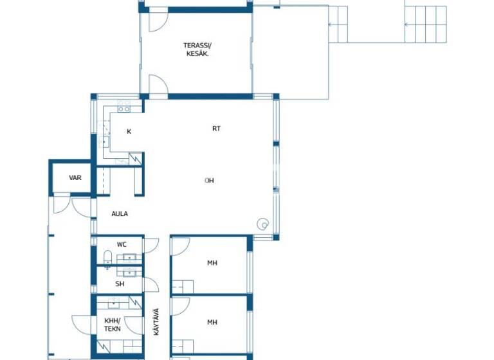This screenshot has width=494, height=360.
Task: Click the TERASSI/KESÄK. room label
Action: [x=197, y=50]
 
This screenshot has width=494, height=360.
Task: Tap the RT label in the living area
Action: [x=216, y=129]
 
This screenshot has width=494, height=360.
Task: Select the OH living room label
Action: [x=209, y=181]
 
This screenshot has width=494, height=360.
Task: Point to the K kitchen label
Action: [x=129, y=132]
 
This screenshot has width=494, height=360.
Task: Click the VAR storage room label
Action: [x=75, y=177]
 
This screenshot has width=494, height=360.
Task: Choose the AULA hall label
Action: [x=119, y=213]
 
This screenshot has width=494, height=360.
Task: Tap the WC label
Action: [x=122, y=244]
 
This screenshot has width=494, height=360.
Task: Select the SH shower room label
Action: [x=120, y=283]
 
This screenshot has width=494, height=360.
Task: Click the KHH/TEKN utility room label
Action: [x=113, y=325]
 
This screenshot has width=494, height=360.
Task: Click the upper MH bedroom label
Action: [x=212, y=263]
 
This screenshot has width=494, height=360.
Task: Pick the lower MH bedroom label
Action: [x=212, y=322]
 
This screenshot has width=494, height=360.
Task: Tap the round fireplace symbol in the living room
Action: [x=262, y=224]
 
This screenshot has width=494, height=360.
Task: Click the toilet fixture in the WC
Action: [x=107, y=259]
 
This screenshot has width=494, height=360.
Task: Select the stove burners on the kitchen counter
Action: [x=123, y=106]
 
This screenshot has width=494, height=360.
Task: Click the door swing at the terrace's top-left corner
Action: [x=157, y=21]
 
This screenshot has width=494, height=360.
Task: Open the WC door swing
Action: [x=151, y=245]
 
